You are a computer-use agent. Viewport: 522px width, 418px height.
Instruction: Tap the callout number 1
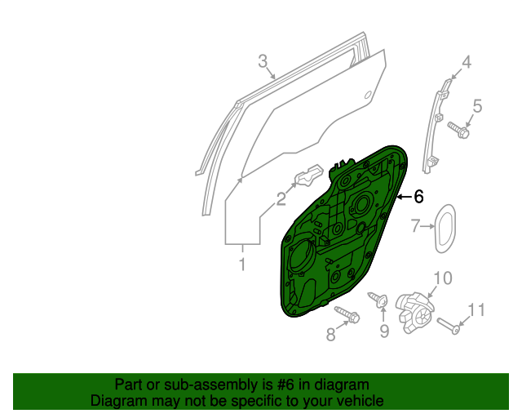242,264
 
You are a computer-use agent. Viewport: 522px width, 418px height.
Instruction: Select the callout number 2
281,197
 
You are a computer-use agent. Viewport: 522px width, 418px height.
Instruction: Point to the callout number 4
467,62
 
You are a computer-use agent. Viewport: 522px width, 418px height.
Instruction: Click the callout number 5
478,105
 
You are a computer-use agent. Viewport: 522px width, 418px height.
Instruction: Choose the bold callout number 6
419,196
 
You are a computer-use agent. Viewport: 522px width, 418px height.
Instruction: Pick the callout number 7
415,225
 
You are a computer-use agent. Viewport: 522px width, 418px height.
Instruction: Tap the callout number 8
330,334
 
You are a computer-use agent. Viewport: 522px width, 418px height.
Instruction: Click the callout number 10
440,278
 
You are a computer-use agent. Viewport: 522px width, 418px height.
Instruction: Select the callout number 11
476,309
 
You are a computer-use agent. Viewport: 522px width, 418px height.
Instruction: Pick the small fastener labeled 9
379,300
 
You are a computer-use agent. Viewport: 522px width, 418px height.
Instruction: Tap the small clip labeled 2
308,177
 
